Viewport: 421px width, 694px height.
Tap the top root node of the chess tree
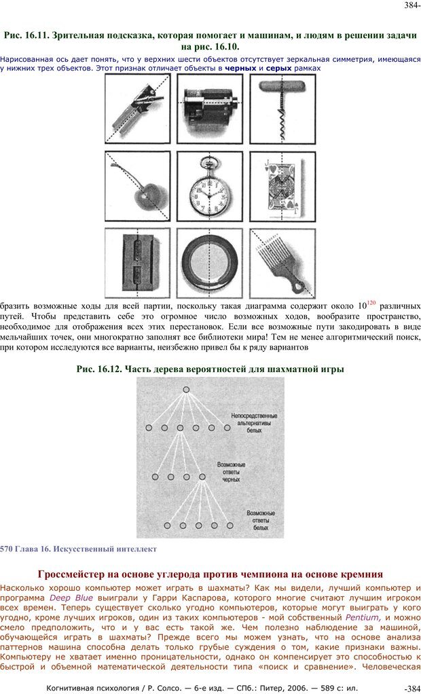click(185, 390)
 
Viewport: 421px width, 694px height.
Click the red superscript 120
click(371, 302)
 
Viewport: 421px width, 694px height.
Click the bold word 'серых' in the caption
click(279, 69)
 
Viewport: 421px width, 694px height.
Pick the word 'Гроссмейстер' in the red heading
click(79, 574)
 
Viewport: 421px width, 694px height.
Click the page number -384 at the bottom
click(411, 689)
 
